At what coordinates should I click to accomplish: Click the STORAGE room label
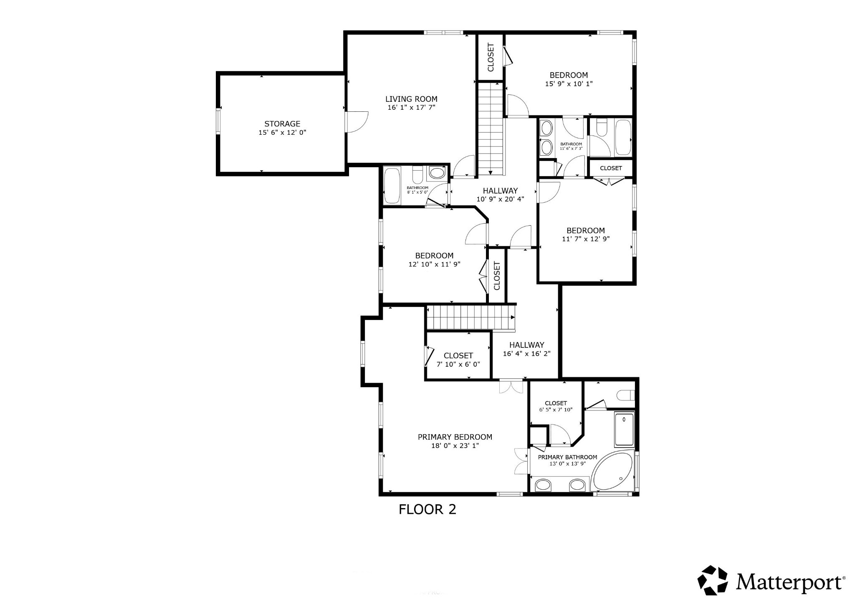[282, 124]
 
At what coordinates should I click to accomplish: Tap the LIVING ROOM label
[411, 99]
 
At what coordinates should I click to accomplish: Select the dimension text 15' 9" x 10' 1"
[569, 84]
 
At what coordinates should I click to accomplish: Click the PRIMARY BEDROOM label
[455, 437]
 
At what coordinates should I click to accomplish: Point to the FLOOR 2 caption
[427, 509]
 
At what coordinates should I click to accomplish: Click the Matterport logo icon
[713, 580]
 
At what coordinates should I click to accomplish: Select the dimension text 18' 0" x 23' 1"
[455, 446]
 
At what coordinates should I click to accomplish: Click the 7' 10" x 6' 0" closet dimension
[458, 364]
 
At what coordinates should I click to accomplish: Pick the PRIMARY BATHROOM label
[567, 457]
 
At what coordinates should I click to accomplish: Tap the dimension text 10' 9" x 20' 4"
[500, 199]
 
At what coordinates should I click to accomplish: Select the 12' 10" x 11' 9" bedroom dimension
[434, 264]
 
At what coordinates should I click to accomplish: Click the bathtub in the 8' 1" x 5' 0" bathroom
[392, 186]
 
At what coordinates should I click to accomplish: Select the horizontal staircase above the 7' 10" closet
[471, 317]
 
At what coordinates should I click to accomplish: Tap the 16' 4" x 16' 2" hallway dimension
[526, 354]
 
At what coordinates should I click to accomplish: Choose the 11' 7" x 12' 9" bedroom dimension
[585, 239]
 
